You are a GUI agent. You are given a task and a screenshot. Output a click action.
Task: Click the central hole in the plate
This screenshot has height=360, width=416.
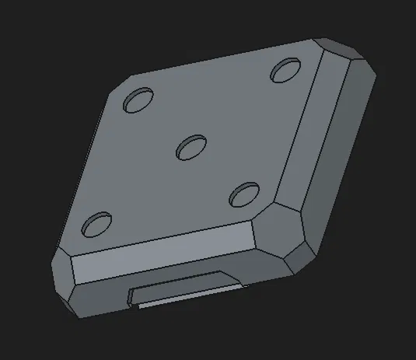pos(191,146)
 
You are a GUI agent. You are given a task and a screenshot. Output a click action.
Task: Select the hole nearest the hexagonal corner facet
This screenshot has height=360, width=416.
pos(244,194)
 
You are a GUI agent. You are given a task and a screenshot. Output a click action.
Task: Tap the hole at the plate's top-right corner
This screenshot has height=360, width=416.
pos(285,70)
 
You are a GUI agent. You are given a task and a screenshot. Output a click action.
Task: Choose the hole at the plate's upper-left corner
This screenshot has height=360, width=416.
pos(139,100)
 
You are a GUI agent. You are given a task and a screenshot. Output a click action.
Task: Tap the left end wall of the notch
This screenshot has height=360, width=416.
pos(133,295)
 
